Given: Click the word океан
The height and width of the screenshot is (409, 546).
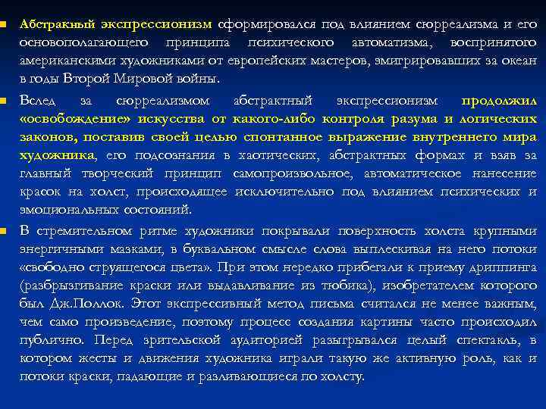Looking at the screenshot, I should (519, 61).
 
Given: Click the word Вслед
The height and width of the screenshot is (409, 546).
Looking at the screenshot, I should (37, 101).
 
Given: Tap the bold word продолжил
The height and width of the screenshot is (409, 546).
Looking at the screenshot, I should (499, 101).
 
